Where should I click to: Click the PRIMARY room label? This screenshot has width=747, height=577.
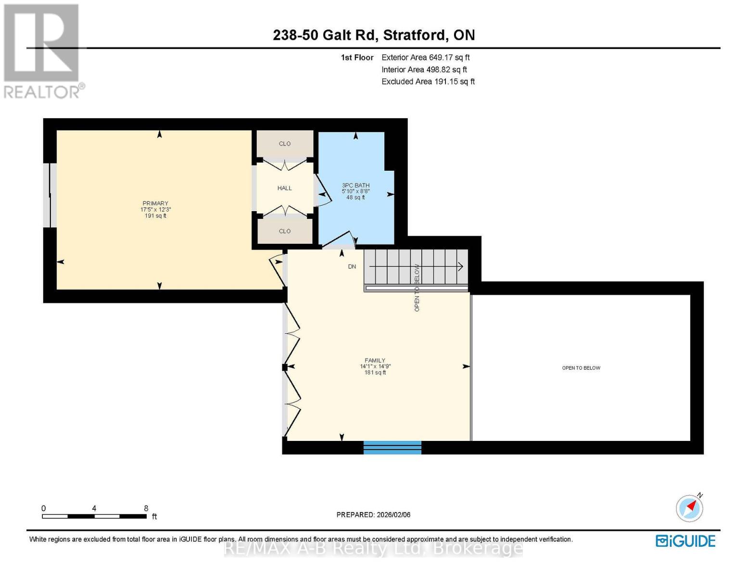click(155, 204)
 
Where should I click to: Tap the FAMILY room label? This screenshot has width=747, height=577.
click(375, 361)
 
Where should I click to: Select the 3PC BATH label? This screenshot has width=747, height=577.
click(355, 186)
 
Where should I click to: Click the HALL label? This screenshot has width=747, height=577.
click(284, 188)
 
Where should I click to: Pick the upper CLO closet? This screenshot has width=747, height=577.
click(284, 144)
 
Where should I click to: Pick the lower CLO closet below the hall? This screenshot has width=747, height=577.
click(284, 231)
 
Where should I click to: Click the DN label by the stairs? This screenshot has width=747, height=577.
click(352, 266)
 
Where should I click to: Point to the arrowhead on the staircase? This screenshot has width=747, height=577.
click(460, 266)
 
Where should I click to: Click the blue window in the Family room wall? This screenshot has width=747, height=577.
click(392, 447)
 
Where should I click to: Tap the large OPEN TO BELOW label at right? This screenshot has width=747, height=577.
click(581, 368)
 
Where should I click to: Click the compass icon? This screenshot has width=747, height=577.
click(690, 508)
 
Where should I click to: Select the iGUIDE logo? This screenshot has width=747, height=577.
click(685, 541)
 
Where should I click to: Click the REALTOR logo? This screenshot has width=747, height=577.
click(42, 50)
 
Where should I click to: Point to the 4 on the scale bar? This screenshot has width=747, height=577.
click(94, 508)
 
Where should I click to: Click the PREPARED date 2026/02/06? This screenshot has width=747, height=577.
click(373, 515)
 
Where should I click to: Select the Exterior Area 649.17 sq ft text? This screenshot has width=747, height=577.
click(425, 57)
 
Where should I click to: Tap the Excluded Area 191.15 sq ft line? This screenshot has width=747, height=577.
click(428, 82)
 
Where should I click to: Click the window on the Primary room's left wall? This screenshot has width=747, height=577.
click(50, 195)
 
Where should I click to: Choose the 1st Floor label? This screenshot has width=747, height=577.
click(357, 57)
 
